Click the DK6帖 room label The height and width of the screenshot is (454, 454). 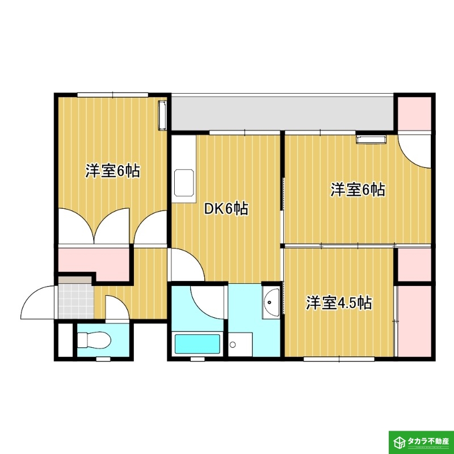[226, 208]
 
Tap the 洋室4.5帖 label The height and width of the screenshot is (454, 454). [339, 302]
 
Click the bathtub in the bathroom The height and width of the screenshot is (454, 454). [197, 344]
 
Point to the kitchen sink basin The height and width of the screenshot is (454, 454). [184, 183]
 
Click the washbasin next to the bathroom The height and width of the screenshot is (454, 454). [271, 302]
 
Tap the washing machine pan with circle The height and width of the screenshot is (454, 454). [240, 344]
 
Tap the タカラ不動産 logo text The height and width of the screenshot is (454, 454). [428, 442]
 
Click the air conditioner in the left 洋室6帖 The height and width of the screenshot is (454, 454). [162, 115]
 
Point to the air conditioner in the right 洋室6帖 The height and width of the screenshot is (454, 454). [371, 139]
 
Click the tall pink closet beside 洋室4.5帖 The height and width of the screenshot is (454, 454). [415, 321]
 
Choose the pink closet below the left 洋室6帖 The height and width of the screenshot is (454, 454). [94, 262]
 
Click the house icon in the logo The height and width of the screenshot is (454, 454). [400, 442]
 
